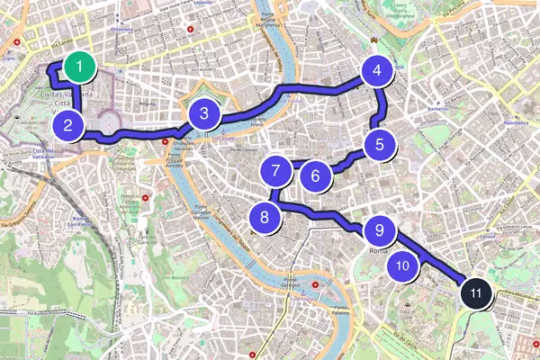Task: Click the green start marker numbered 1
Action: (81, 66)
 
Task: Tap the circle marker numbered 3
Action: (205, 113)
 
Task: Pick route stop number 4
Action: (377, 71)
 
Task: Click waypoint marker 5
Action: (380, 143)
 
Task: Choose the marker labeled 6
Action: (315, 175)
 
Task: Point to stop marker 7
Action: (276, 168)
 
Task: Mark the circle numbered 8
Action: (264, 217)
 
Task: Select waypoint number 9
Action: (380, 230)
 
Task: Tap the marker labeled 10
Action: (403, 265)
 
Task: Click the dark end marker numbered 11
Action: (476, 292)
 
